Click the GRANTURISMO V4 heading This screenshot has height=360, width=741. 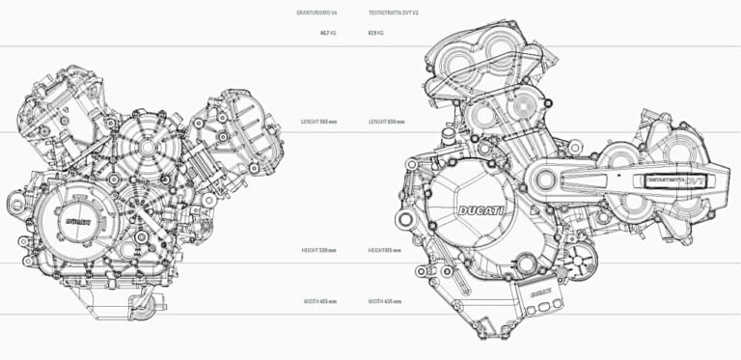[317, 13]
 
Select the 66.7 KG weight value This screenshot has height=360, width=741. [328, 32]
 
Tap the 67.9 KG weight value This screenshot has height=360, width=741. [376, 32]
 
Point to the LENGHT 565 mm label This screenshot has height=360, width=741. [319, 122]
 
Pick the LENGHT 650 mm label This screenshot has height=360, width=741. [386, 122]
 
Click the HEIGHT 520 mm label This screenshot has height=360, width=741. [319, 249]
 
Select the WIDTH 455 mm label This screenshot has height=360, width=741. [320, 301]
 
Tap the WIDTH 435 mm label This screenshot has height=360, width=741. [385, 301]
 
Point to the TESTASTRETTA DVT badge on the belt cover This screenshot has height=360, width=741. [675, 179]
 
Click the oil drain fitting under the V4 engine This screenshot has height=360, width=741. [144, 306]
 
